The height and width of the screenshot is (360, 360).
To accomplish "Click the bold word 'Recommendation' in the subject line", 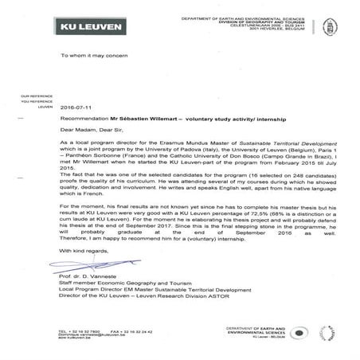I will coord(84,117).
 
